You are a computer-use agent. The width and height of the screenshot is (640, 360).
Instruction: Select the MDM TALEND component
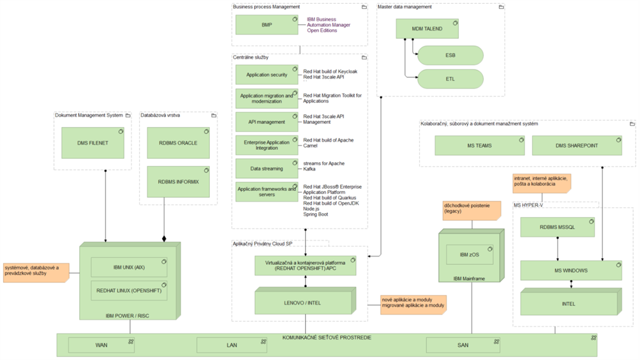point(427,29)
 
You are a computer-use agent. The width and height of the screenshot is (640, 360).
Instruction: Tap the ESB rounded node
point(450,56)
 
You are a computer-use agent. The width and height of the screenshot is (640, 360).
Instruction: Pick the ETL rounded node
point(450,79)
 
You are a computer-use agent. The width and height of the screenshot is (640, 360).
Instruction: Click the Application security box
point(267,75)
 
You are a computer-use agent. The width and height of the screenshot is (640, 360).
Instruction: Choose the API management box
point(267,121)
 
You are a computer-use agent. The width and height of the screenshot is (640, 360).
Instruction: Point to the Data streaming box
point(267,169)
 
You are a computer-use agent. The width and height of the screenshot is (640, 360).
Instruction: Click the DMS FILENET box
point(93,143)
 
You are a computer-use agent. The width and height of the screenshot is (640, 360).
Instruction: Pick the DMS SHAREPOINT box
point(577,146)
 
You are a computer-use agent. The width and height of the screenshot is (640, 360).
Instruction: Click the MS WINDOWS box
point(571,270)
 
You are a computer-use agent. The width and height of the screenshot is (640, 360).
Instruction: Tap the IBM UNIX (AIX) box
point(130,267)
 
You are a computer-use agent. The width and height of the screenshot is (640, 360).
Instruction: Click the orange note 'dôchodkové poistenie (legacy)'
point(470,211)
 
